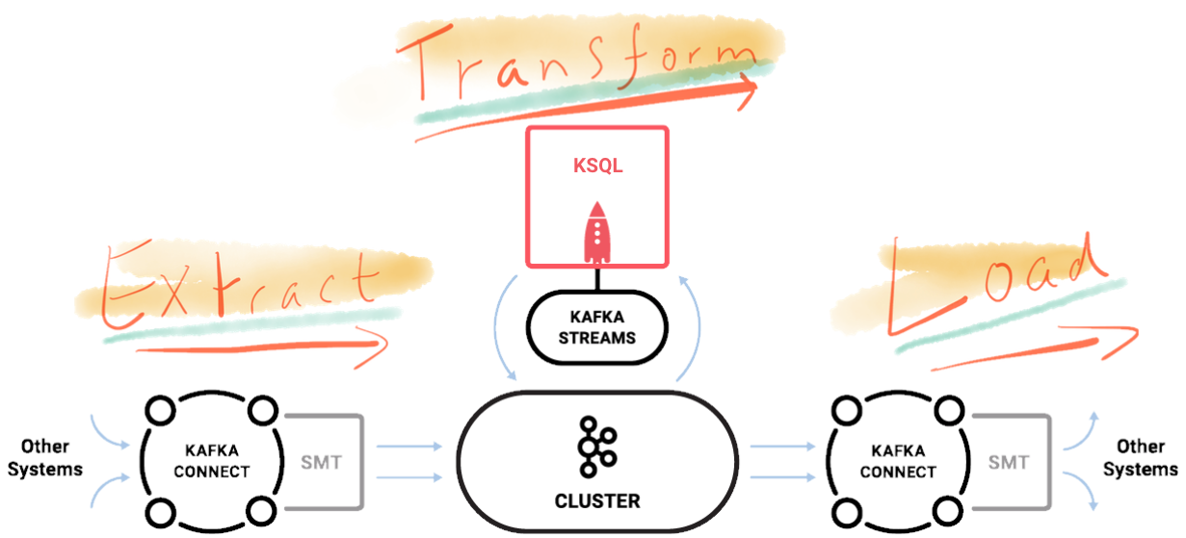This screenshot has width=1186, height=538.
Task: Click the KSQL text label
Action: coord(596,166)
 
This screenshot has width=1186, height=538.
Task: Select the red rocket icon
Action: coord(597,233)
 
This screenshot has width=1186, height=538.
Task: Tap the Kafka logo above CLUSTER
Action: coord(596,447)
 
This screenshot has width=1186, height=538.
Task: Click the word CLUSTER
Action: coord(596,501)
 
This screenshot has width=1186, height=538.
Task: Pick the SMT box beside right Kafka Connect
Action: coord(1008,462)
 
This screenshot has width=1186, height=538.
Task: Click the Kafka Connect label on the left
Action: coord(212,461)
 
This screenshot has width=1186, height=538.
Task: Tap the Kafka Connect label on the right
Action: coord(897,461)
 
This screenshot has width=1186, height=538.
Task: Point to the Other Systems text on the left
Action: coord(46,458)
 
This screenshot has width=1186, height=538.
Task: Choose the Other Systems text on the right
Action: coord(1141,458)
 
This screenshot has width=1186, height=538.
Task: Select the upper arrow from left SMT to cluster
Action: coord(409,447)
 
